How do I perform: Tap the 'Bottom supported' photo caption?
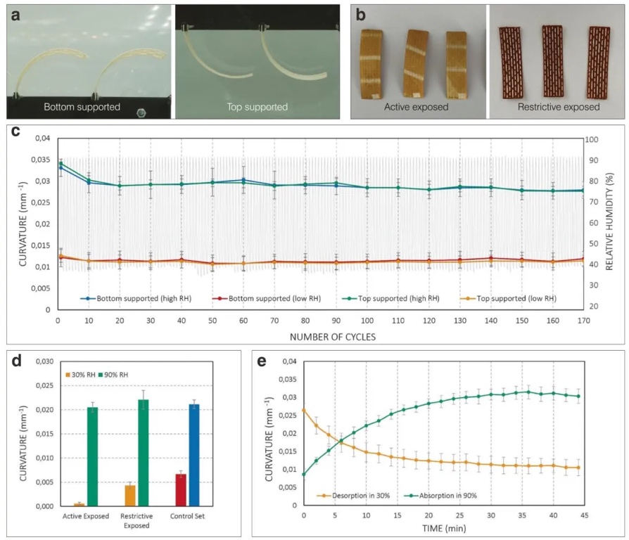coord(82,108)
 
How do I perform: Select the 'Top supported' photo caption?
coord(257,108)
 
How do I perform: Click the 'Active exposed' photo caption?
coord(413,108)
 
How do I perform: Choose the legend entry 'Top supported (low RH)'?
coord(517,298)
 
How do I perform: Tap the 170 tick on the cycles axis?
coord(583,319)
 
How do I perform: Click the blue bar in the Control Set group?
coord(194,455)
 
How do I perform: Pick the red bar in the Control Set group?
coord(181,489)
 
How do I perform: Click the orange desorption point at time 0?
coord(304,410)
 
